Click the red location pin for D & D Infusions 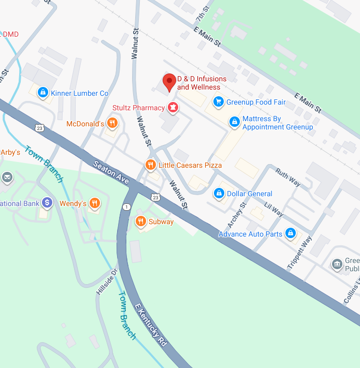coord(169,82)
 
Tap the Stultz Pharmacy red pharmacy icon coord(172,108)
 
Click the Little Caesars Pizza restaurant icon coord(150,165)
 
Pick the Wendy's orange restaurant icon coord(94,203)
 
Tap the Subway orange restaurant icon coord(140,222)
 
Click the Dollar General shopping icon coord(219,194)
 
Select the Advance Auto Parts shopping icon coord(291,234)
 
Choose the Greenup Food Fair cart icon coord(219,102)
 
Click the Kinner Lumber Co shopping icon coord(43,93)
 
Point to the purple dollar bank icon coord(47,203)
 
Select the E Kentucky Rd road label coord(151,326)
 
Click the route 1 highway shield coord(126,207)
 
